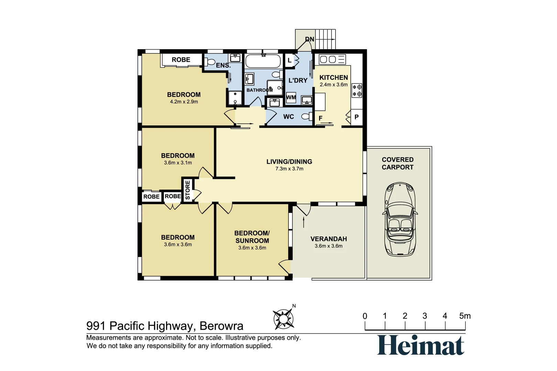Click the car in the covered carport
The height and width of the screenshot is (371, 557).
pos(400,219)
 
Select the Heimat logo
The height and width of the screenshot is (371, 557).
pos(421,345)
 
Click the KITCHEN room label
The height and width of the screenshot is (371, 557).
pos(334,78)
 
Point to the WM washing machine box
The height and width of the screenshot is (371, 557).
pos(291,97)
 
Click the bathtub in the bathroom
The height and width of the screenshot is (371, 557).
pos(263,61)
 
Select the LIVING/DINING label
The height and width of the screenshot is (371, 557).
pos(289,161)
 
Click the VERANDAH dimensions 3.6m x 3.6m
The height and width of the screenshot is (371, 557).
pos(328,246)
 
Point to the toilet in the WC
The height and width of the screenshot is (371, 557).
pos(306,116)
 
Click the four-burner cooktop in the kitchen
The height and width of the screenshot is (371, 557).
pos(357,90)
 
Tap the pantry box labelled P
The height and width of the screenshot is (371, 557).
pos(357,117)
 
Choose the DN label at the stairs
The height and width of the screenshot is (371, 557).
pos(309,39)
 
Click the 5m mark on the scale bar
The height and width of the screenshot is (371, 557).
pos(465,316)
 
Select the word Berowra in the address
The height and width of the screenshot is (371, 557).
pos(221,326)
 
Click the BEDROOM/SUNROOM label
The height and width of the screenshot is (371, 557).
pos(252,237)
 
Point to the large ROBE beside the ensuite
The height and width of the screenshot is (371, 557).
pos(181,60)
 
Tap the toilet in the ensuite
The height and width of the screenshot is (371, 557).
pos(210,62)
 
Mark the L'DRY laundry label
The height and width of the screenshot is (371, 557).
pos(298,80)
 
